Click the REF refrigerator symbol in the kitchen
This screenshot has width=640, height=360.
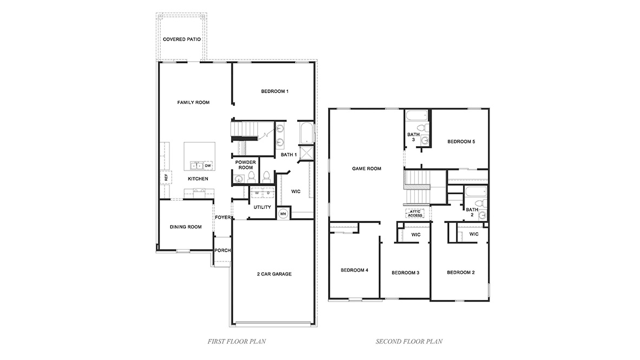166,177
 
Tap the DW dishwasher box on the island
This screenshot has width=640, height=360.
208,166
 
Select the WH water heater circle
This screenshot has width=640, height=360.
283,214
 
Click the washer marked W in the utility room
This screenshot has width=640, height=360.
257,193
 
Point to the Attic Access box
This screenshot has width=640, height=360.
415,213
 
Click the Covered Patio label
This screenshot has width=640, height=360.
182,40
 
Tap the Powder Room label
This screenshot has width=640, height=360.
246,165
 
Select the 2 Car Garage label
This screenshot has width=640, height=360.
274,274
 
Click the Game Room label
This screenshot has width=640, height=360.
367,168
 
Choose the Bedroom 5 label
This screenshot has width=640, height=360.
461,142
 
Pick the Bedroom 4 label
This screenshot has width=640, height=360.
354,270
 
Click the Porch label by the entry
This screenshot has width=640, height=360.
222,251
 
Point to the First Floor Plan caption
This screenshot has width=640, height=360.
236,342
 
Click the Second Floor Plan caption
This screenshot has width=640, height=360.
409,342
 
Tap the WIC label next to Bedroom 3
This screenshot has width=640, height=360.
416,234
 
